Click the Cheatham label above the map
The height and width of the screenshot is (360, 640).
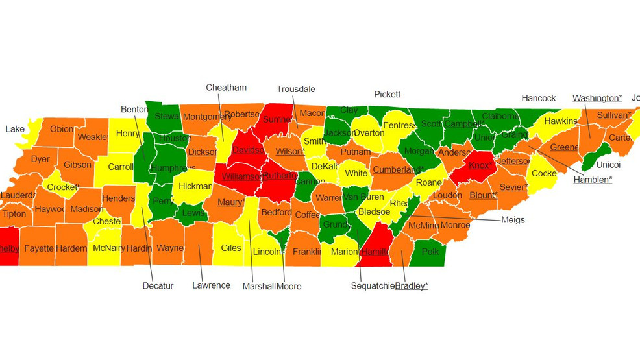click(x=226, y=88)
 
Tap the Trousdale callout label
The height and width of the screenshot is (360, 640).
click(x=295, y=90)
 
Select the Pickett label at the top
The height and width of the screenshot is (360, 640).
click(x=387, y=94)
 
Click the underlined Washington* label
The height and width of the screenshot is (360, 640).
click(x=597, y=98)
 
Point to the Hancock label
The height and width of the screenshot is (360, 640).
click(x=538, y=98)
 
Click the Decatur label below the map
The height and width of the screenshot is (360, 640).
click(x=158, y=285)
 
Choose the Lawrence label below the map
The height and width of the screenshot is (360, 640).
click(x=211, y=285)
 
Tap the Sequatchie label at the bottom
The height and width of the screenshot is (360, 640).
click(x=372, y=285)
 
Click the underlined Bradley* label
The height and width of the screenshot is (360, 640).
click(x=412, y=285)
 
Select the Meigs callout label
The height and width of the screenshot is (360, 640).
click(x=513, y=219)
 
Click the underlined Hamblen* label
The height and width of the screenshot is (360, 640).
click(x=592, y=180)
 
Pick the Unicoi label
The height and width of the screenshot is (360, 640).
click(x=608, y=165)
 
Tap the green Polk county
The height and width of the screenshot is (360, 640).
click(x=430, y=252)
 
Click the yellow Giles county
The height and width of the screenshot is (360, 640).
click(x=230, y=248)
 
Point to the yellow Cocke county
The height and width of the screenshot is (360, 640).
click(x=543, y=173)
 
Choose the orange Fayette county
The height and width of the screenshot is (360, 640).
click(x=38, y=248)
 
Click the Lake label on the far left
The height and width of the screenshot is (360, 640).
click(x=15, y=129)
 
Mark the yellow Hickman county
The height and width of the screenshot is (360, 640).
click(x=195, y=186)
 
